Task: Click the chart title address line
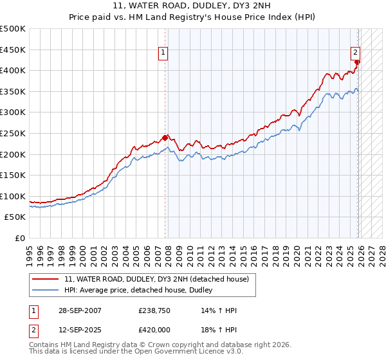193,6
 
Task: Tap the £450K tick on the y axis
13,50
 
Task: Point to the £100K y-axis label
13,196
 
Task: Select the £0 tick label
19,238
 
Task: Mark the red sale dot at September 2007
165,137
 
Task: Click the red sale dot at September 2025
358,62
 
